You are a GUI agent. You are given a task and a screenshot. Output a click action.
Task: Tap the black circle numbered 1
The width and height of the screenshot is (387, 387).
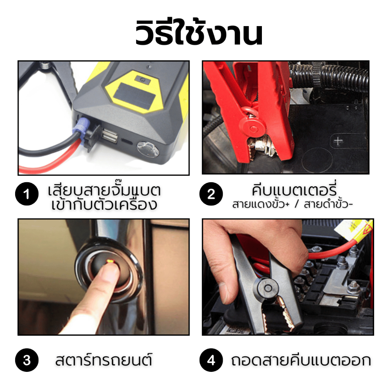[27, 194]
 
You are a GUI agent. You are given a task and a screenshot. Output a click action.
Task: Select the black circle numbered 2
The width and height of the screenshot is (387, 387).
[211, 194]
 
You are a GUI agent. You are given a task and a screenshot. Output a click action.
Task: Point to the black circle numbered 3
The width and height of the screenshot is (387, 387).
[27, 360]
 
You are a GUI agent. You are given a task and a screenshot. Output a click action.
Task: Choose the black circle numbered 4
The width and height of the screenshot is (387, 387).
[211, 360]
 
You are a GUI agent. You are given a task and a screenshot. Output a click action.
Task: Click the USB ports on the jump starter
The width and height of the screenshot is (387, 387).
[109, 135]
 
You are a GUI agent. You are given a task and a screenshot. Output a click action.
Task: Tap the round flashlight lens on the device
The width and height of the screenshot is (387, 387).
[148, 149]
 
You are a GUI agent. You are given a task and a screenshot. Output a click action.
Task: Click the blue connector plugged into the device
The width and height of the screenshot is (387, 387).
[82, 126]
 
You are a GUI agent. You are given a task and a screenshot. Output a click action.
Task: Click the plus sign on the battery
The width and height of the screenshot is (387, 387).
[338, 141]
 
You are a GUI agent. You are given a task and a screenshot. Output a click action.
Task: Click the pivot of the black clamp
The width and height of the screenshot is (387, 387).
[268, 288]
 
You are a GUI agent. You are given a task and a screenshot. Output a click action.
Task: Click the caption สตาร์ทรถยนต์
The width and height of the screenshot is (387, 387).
[104, 360]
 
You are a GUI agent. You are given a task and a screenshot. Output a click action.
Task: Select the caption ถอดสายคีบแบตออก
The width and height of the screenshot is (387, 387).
[301, 360]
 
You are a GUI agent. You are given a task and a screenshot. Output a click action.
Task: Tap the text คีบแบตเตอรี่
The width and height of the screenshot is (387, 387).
[294, 190]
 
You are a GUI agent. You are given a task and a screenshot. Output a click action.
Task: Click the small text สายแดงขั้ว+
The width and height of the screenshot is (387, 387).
[261, 204]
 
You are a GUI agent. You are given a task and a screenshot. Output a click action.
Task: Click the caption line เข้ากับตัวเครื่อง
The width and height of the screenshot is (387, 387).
[104, 204]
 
